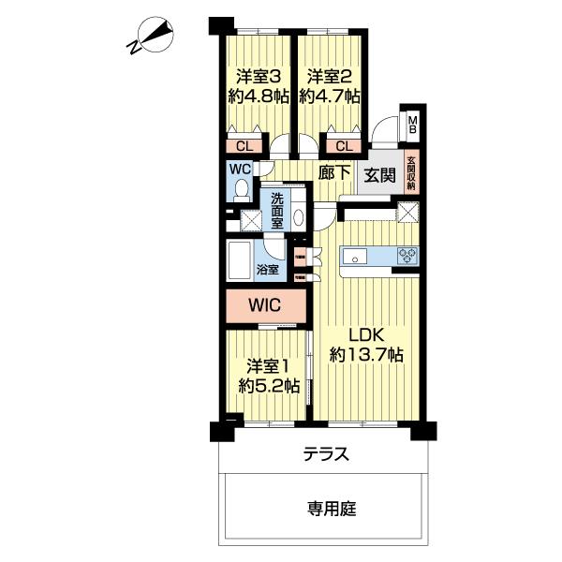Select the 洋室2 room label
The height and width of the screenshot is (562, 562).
[x=328, y=76]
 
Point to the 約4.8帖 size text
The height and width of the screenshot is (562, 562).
[x=258, y=96]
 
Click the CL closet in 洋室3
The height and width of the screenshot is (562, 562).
[x=244, y=145]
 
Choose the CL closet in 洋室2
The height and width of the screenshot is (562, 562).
[x=342, y=145]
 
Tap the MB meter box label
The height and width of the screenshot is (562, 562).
[x=412, y=123]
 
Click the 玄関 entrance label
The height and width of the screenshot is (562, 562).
[x=380, y=174]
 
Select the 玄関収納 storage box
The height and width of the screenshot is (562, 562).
[x=411, y=172]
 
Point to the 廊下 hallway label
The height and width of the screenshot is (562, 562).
[x=334, y=172]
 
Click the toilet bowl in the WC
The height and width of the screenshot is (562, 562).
[x=241, y=190]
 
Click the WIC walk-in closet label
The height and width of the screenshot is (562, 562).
[x=266, y=303]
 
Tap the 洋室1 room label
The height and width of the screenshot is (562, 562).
[x=268, y=364]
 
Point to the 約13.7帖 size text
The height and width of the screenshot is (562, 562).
[x=366, y=355]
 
